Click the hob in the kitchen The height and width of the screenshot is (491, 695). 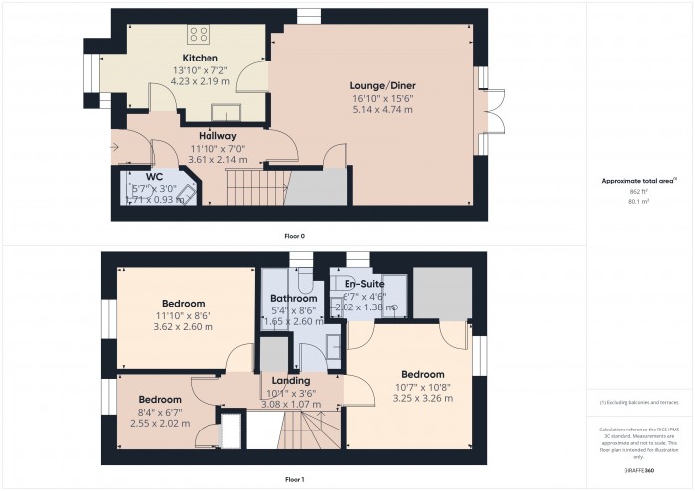[x=199, y=34]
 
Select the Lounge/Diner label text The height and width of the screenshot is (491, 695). [x=381, y=86]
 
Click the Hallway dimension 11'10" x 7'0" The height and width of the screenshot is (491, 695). [x=216, y=148]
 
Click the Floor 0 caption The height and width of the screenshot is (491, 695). [x=294, y=236]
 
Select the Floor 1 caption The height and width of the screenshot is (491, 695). [x=294, y=479]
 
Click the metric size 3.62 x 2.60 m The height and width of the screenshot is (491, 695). [x=184, y=326]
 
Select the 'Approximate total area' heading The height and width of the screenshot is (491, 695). [x=638, y=180]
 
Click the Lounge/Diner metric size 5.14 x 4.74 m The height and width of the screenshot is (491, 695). [x=381, y=110]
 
